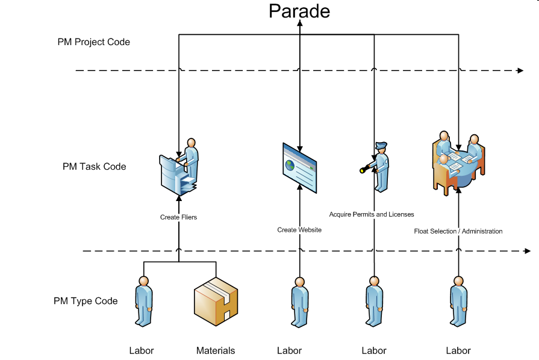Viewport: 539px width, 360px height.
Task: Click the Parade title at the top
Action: [299, 11]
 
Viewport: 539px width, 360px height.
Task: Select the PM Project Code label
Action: [93, 42]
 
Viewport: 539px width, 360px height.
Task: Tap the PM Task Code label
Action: [94, 166]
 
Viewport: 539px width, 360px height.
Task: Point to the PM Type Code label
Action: [86, 301]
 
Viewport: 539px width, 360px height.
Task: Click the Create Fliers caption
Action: [178, 217]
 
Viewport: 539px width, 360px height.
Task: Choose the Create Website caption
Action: [299, 230]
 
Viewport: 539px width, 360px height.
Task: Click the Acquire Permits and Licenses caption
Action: [372, 214]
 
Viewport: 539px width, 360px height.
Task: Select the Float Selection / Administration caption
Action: [458, 231]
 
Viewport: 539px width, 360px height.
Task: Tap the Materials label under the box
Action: [215, 350]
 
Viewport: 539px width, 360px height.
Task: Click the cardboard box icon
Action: [216, 303]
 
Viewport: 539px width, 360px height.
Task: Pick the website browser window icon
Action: [299, 167]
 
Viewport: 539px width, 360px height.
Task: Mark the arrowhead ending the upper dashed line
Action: [520, 71]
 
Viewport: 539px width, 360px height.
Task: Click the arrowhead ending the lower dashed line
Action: [528, 250]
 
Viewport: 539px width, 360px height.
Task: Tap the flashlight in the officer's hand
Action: [364, 170]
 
